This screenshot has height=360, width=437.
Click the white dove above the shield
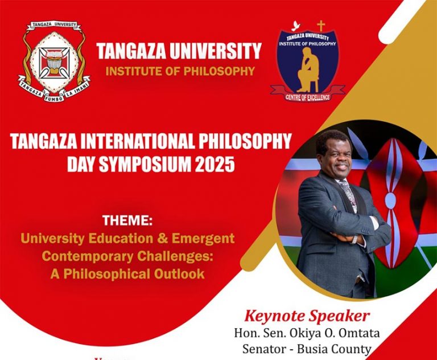click(x=295, y=25)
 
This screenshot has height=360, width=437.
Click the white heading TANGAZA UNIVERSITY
click(x=179, y=51)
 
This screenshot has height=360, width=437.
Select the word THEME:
click(x=127, y=220)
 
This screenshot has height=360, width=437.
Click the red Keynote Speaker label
click(x=307, y=316)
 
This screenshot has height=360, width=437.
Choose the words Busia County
click(x=339, y=349)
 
